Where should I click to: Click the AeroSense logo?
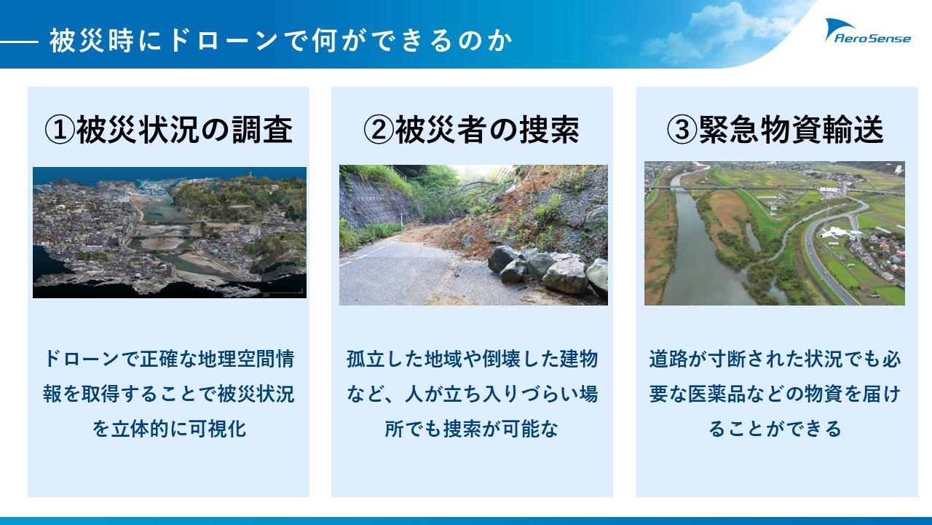(x=868, y=31)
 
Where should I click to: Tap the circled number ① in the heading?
(x=60, y=130)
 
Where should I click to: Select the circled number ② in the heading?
(x=378, y=130)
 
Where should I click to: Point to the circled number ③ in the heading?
(x=682, y=130)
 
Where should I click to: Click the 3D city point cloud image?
(x=170, y=233)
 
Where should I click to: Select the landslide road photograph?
(x=473, y=235)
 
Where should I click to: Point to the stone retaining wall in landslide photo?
(x=374, y=200)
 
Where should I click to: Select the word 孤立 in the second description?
(x=366, y=359)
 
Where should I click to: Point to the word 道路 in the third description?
(x=668, y=359)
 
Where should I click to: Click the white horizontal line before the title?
(x=19, y=42)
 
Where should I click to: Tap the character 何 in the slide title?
(x=325, y=40)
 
